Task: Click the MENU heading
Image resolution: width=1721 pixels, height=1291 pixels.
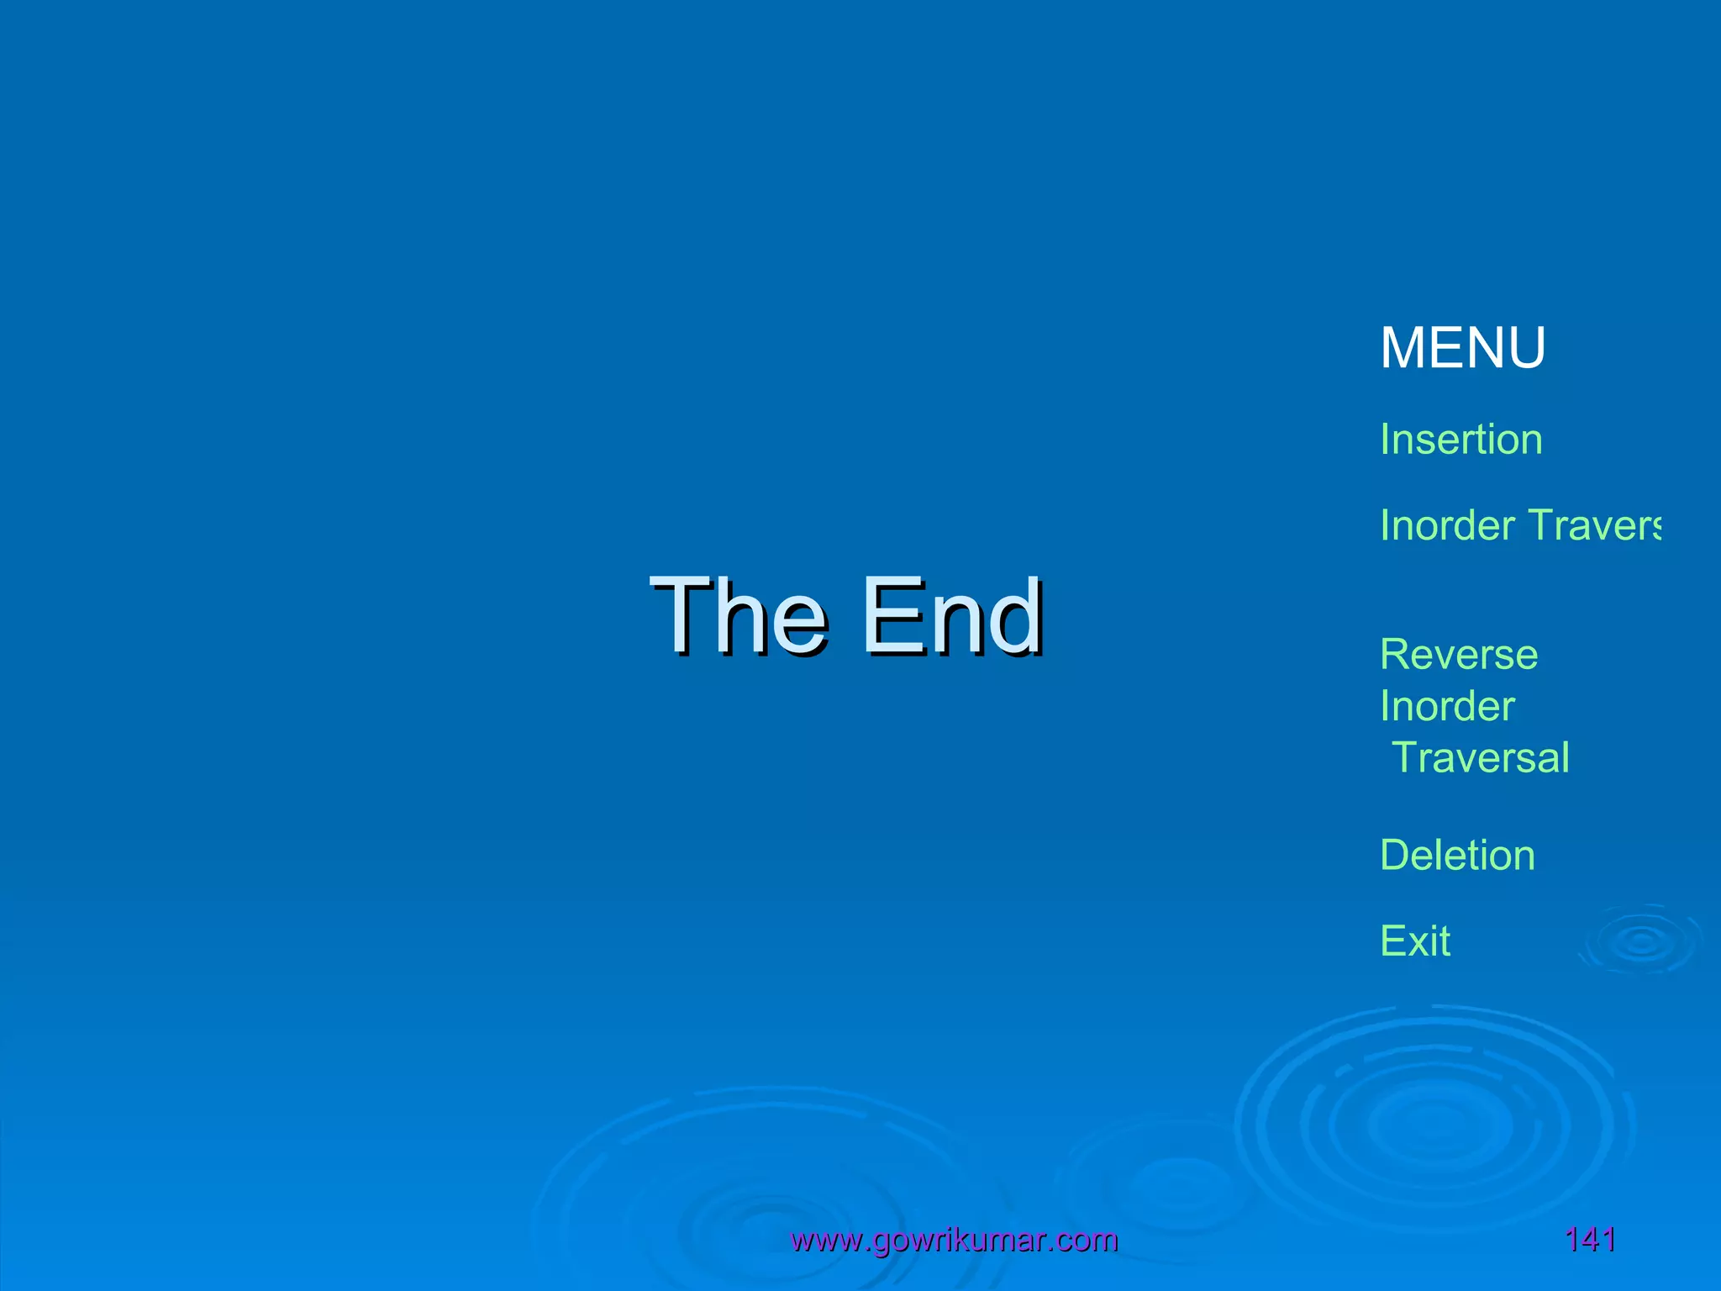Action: pyautogui.click(x=1462, y=348)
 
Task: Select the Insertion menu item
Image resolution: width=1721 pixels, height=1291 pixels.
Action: pyautogui.click(x=1460, y=440)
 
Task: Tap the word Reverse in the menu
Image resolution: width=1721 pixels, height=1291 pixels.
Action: pyautogui.click(x=1459, y=655)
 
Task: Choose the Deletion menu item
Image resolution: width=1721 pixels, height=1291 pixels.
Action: pyautogui.click(x=1457, y=856)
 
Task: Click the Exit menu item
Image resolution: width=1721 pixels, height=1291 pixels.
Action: pyautogui.click(x=1415, y=941)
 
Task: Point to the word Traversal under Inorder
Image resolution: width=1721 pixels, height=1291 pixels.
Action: pyautogui.click(x=1481, y=757)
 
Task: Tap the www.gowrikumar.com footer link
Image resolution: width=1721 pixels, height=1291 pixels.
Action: pyautogui.click(x=954, y=1240)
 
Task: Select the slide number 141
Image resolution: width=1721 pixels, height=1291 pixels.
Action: pyautogui.click(x=1590, y=1240)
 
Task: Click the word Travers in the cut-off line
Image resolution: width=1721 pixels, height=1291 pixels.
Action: pyautogui.click(x=1594, y=525)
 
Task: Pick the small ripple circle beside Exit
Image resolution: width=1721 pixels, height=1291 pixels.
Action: pyautogui.click(x=1641, y=941)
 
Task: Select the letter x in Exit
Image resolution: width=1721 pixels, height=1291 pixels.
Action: pyautogui.click(x=1421, y=942)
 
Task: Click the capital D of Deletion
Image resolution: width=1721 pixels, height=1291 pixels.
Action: pyautogui.click(x=1396, y=856)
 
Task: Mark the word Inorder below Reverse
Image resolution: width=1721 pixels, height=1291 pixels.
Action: pyautogui.click(x=1447, y=706)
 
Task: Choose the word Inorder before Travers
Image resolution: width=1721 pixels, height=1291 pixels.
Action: pyautogui.click(x=1447, y=525)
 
